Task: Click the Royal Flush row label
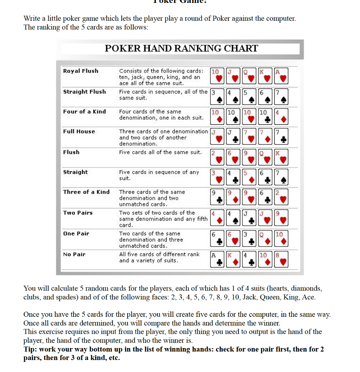click(81, 71)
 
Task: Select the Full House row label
click(79, 132)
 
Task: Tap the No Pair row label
click(74, 254)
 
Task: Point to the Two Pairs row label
click(78, 213)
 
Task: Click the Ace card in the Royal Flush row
click(282, 76)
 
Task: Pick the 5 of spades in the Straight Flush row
click(250, 96)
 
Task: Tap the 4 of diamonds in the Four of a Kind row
click(282, 116)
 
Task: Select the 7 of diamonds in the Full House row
click(266, 136)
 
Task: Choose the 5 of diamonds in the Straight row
click(250, 177)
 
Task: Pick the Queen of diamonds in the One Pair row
click(266, 238)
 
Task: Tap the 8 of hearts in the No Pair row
click(282, 259)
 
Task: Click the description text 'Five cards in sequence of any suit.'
click(159, 175)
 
